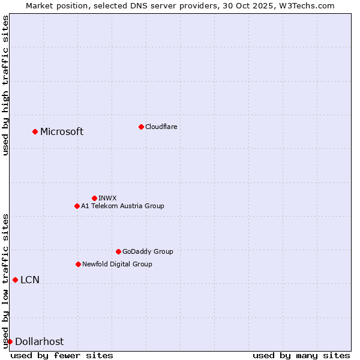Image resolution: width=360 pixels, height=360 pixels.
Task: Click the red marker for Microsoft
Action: (x=35, y=131)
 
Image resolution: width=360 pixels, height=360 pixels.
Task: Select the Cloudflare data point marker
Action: (x=141, y=127)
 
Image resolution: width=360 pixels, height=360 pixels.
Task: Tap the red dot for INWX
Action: (x=94, y=198)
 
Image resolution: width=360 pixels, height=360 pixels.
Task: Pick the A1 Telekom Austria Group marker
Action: (x=77, y=206)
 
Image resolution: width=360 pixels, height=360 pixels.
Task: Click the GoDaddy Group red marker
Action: (x=118, y=251)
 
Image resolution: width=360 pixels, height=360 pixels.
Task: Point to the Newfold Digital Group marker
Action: (x=78, y=264)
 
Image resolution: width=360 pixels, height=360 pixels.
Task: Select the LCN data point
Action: (x=15, y=280)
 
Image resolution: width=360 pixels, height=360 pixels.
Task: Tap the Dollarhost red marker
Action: (x=10, y=341)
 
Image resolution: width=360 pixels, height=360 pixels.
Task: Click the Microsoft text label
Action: (x=62, y=132)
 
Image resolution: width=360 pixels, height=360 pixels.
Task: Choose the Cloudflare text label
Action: (x=161, y=127)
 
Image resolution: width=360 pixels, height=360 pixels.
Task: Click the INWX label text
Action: (x=108, y=198)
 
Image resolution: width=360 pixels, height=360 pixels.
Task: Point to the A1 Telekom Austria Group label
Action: (x=122, y=206)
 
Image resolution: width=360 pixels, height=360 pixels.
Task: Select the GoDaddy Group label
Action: (x=148, y=251)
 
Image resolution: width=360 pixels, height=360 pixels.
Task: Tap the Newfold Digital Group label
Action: (x=117, y=264)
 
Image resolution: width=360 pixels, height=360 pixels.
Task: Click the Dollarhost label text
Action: (x=39, y=342)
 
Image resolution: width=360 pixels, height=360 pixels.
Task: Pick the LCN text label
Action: (x=30, y=280)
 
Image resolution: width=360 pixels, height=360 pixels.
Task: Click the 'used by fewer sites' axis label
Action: (x=62, y=355)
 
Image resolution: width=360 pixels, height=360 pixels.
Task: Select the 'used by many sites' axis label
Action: (x=301, y=355)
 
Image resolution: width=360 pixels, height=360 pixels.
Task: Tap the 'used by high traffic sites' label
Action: (x=5, y=85)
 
